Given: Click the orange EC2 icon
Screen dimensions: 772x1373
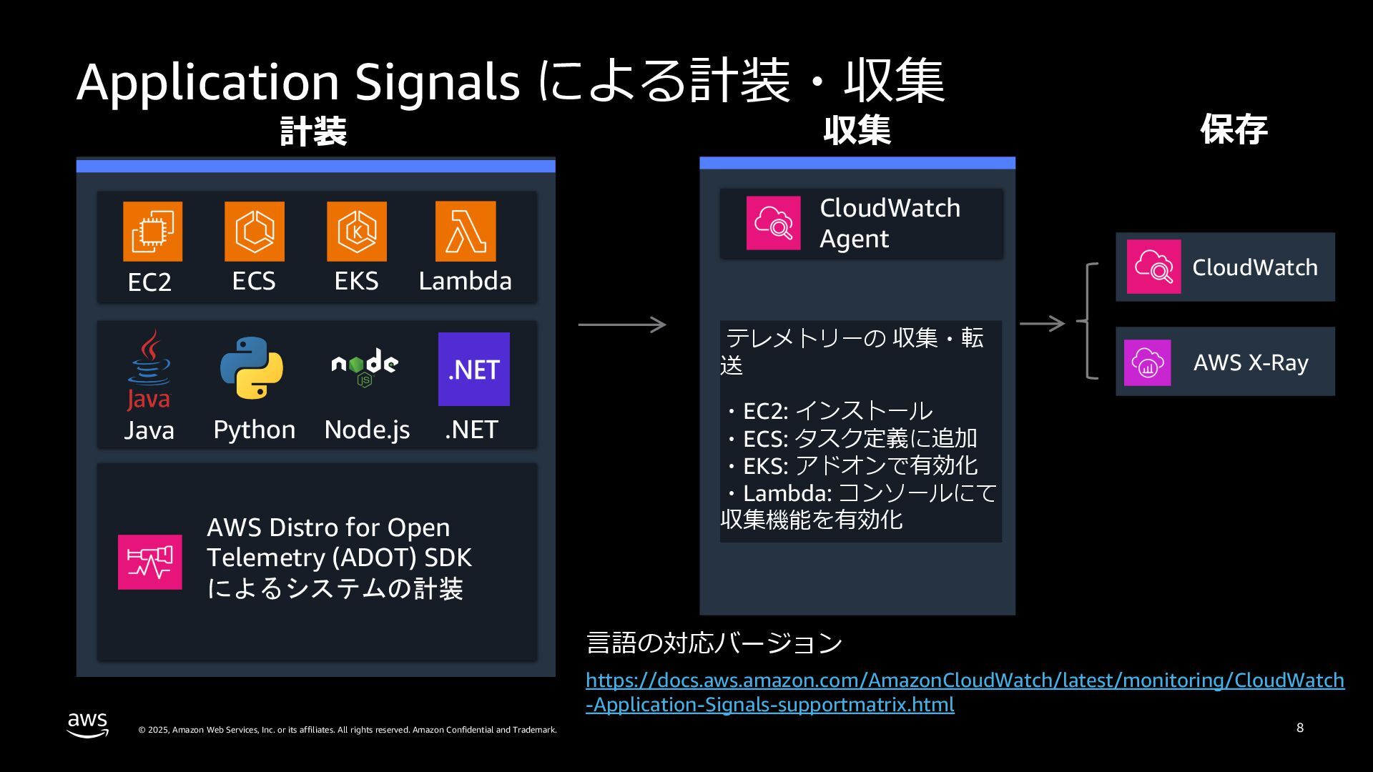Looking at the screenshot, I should pos(152,231).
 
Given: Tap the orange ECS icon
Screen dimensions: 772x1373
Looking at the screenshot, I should pos(254,231).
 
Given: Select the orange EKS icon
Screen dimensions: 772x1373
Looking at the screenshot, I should pos(356,231).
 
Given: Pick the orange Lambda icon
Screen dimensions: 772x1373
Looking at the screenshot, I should pos(465,231).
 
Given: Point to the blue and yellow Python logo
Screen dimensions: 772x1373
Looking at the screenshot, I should pos(252,367).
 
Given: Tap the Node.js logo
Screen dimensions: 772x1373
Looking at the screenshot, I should pos(365,367).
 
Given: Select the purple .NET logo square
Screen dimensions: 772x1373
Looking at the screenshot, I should pos(473,369).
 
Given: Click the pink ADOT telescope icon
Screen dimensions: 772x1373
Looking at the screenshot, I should pos(149,562).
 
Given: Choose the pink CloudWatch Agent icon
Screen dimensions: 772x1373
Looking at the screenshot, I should pos(773,223).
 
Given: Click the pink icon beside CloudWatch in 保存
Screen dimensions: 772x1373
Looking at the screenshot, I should pos(1153,267).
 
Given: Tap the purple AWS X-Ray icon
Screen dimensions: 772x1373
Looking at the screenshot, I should pos(1147,362).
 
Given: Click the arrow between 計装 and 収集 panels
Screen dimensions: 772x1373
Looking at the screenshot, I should pos(621,325).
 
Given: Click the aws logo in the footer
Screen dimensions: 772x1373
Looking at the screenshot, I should pos(88,723).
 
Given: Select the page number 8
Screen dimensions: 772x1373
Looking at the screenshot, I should pos(1299,728).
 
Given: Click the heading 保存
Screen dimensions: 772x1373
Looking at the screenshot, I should pos(1234,130).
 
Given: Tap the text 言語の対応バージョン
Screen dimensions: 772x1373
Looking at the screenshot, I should pos(714,643).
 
